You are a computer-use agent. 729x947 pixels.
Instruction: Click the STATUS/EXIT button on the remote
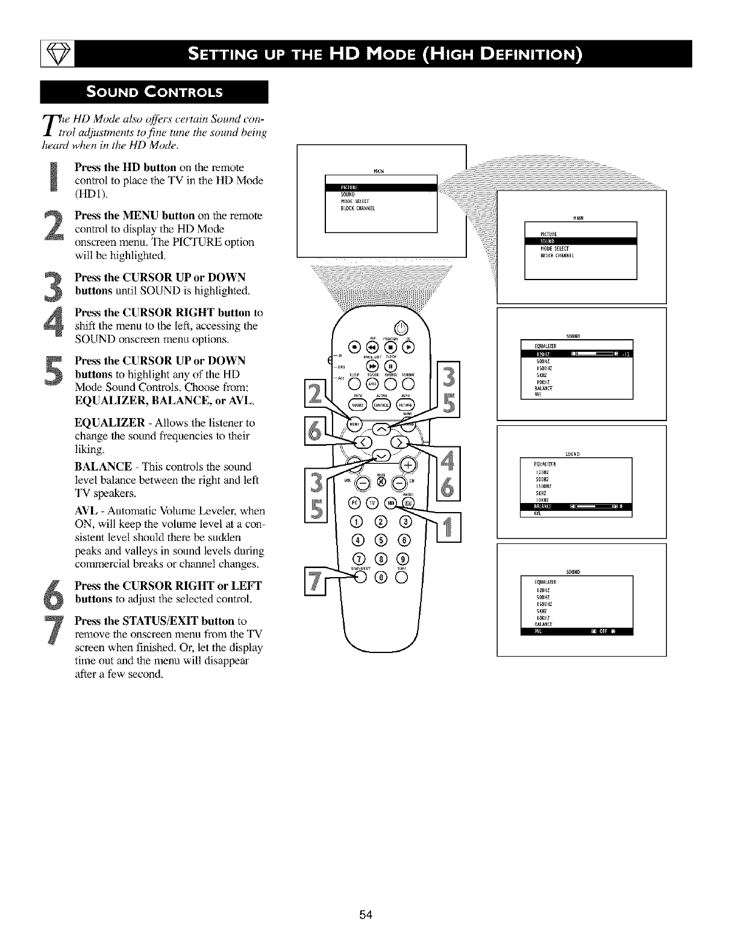[361, 577]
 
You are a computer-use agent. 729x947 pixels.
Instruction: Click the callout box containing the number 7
[314, 581]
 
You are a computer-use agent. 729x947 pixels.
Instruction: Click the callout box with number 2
[314, 396]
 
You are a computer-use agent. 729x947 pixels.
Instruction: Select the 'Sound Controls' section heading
[154, 92]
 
